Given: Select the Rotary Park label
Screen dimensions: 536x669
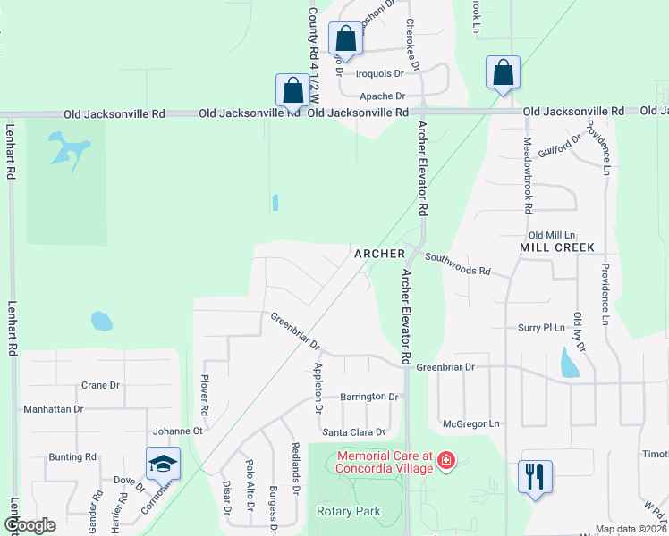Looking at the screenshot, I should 349,512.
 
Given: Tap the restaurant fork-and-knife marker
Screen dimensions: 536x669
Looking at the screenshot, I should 535,476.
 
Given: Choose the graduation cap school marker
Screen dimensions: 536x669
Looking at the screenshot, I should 163,464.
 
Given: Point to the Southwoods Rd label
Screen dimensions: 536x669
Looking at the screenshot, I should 458,264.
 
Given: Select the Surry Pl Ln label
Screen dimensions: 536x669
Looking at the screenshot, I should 542,328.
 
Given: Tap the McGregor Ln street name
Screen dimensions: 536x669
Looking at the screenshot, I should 470,423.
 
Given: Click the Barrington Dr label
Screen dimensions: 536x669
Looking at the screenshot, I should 368,397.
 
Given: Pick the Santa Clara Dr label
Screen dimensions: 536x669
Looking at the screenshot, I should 354,432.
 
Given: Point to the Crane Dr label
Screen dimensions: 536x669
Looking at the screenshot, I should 100,386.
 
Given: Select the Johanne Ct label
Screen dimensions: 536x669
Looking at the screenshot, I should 178,430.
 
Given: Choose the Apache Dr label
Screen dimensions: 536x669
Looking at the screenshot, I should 383,96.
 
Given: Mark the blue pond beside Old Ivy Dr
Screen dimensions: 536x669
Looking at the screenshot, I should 569,362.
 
